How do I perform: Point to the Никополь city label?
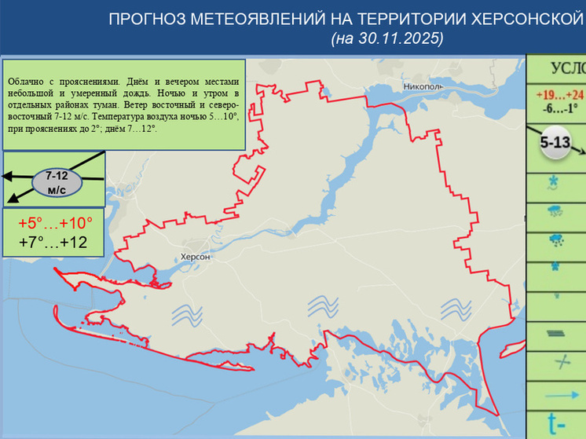(423, 85)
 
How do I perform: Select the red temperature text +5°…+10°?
(55, 223)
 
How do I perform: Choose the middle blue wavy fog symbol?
(322, 305)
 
